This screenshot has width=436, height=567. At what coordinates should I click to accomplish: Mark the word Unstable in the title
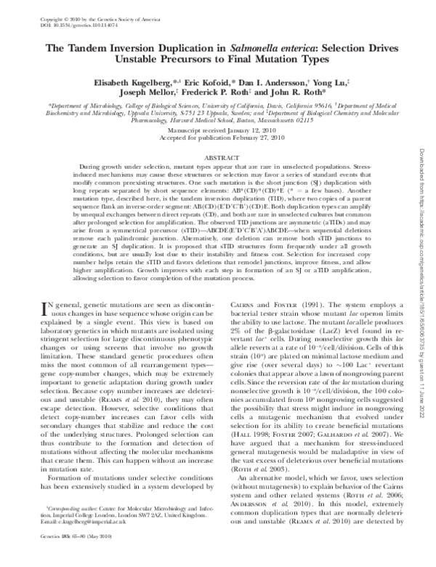pos(124,60)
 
